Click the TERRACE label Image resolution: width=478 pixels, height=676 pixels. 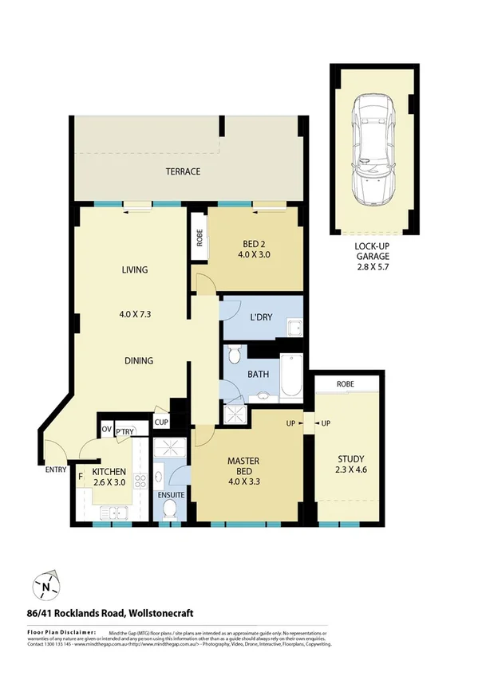(x=183, y=171)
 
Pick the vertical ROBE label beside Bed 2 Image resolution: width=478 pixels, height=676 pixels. (x=199, y=238)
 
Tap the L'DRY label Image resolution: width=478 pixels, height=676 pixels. (x=261, y=317)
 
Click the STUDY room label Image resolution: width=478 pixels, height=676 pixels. (x=350, y=459)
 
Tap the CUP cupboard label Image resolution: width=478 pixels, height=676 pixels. (x=160, y=422)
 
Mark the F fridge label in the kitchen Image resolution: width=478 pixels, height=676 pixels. (x=81, y=478)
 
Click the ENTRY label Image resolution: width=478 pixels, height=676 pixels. (x=56, y=470)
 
